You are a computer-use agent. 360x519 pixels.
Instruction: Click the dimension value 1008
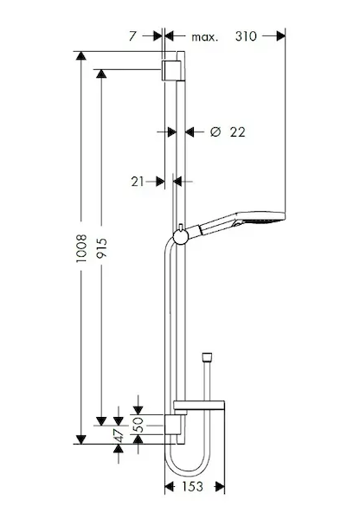[81, 248]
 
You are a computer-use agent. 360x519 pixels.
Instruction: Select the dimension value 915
[101, 248]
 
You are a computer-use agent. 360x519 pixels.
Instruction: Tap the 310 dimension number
[246, 36]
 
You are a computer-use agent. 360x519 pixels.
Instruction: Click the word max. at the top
[205, 36]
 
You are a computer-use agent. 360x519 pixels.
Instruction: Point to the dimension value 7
[132, 36]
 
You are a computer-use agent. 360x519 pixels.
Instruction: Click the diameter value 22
[238, 132]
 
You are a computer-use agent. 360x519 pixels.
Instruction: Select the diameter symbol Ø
[215, 132]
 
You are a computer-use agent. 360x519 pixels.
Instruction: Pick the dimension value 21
[138, 182]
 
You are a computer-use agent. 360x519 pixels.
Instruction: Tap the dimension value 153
[192, 486]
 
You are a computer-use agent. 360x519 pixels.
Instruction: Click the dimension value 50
[139, 425]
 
